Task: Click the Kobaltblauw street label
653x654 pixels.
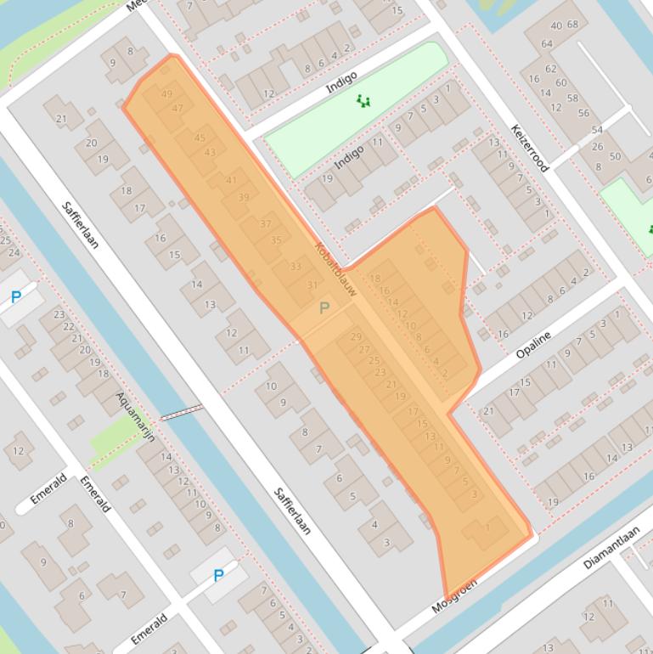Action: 335,270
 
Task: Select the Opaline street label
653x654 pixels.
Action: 533,343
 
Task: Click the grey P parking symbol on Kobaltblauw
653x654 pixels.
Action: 324,308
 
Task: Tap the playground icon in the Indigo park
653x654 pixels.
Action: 363,101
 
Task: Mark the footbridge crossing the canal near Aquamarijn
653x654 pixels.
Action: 182,413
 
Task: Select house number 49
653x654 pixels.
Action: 166,94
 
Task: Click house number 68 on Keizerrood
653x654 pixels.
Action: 572,25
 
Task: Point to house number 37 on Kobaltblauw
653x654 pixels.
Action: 266,224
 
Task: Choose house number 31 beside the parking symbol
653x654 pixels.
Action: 312,285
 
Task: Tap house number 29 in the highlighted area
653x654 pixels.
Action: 355,337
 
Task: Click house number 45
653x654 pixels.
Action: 200,138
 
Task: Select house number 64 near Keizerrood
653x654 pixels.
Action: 547,44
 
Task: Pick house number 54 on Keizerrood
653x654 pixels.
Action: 597,130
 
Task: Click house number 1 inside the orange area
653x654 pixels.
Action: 487,527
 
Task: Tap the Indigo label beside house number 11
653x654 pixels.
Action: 349,156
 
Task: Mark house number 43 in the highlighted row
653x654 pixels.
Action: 210,153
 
